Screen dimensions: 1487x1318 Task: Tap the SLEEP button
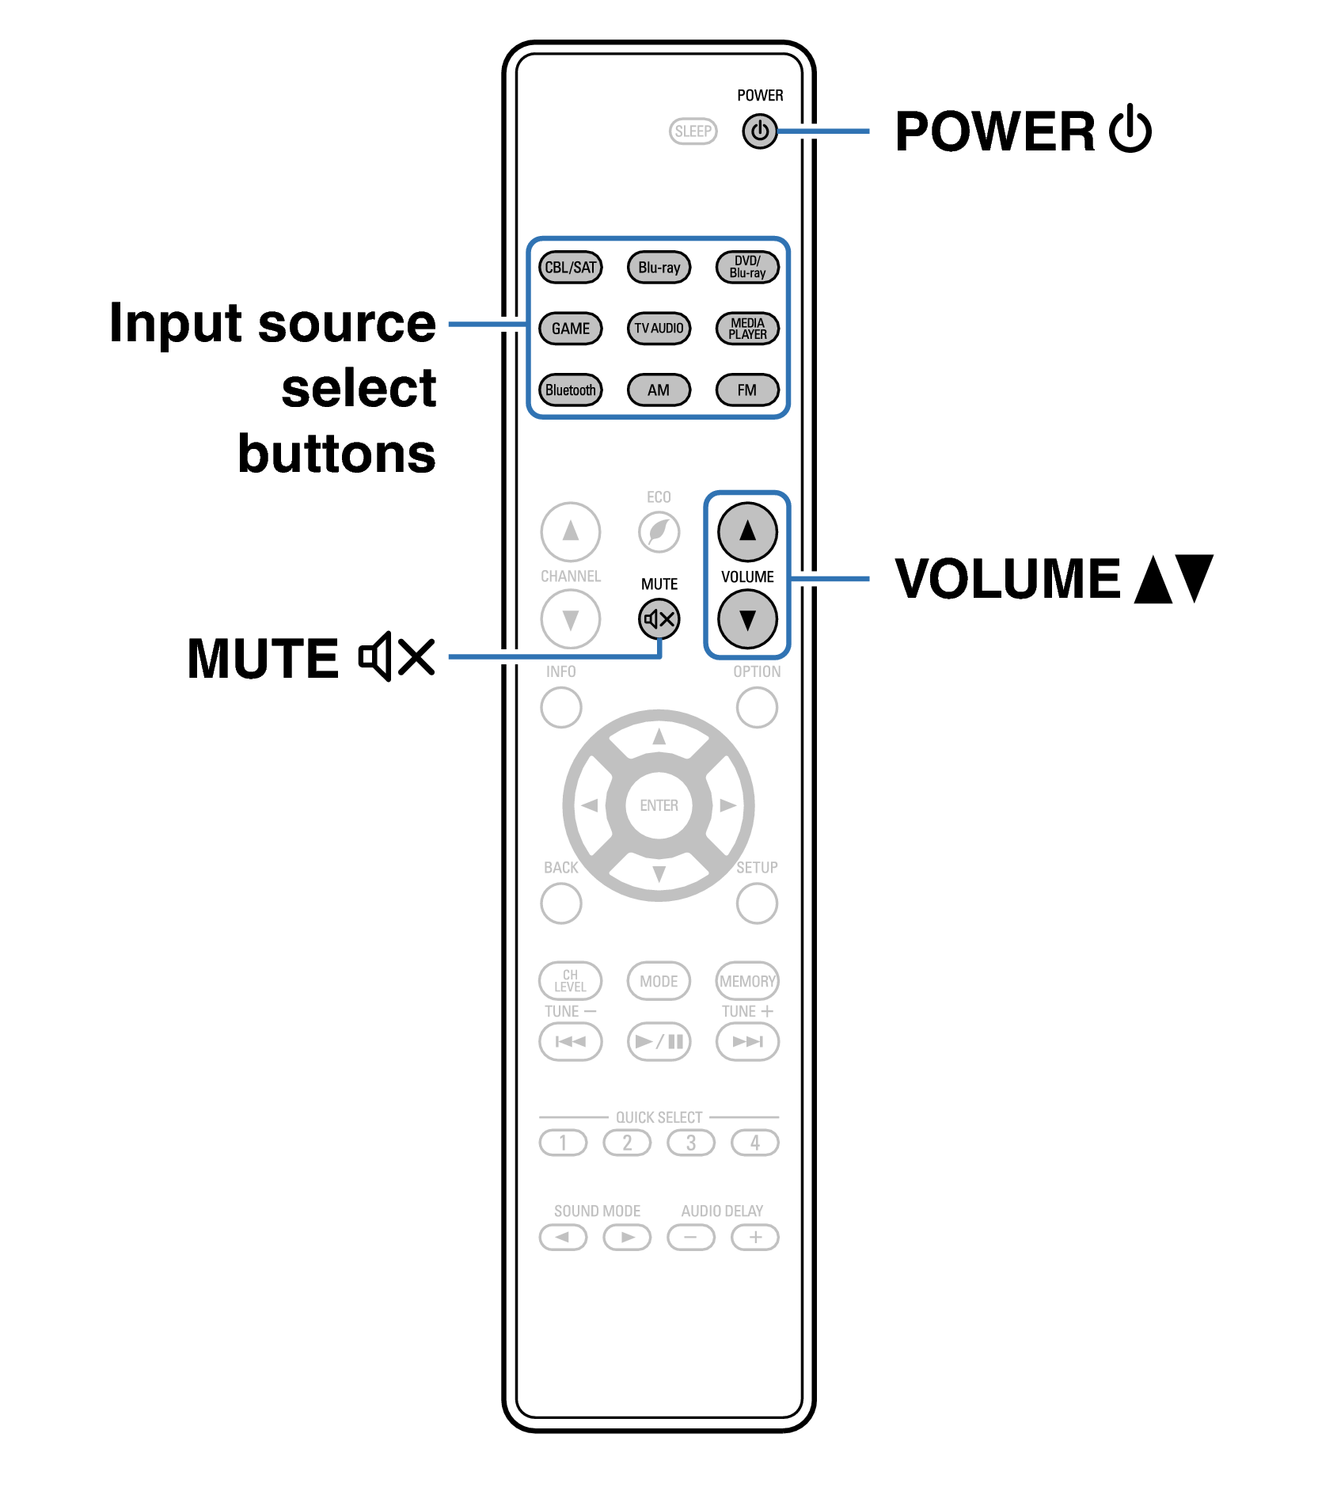point(693,131)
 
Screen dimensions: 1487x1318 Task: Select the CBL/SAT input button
point(570,267)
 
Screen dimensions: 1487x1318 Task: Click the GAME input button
point(570,328)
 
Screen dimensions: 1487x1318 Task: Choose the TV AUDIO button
point(659,328)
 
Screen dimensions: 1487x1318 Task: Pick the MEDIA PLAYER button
point(747,328)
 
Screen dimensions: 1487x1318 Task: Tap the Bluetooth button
point(570,390)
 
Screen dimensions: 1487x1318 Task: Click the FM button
point(747,390)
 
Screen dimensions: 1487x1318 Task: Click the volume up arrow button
point(747,531)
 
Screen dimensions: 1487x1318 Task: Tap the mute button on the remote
point(659,619)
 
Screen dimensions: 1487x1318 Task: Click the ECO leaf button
point(659,531)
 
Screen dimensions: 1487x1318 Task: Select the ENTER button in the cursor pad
point(659,805)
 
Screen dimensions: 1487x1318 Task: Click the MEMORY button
point(747,981)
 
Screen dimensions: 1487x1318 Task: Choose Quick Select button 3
point(690,1143)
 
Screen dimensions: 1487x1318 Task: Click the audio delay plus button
point(754,1237)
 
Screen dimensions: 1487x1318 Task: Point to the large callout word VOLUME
point(1007,579)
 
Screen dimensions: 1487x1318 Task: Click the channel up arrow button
point(570,531)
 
